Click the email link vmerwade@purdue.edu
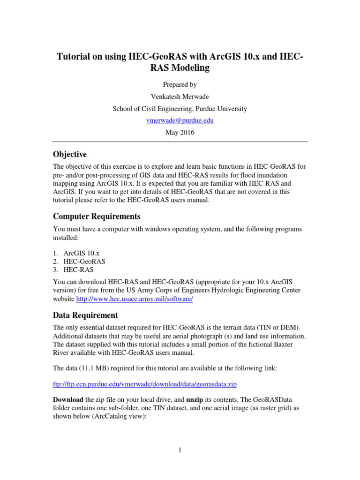(180, 120)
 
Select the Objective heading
(70, 154)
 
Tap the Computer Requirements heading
(97, 217)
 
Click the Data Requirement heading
(85, 315)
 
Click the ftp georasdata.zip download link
(145, 384)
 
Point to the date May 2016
(180, 132)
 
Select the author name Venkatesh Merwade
(180, 97)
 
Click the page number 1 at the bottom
(180, 451)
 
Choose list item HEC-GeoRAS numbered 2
(84, 261)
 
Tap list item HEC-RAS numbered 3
(79, 270)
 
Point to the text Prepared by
(180, 85)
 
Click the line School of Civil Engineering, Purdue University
(180, 109)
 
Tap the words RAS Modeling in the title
(180, 68)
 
